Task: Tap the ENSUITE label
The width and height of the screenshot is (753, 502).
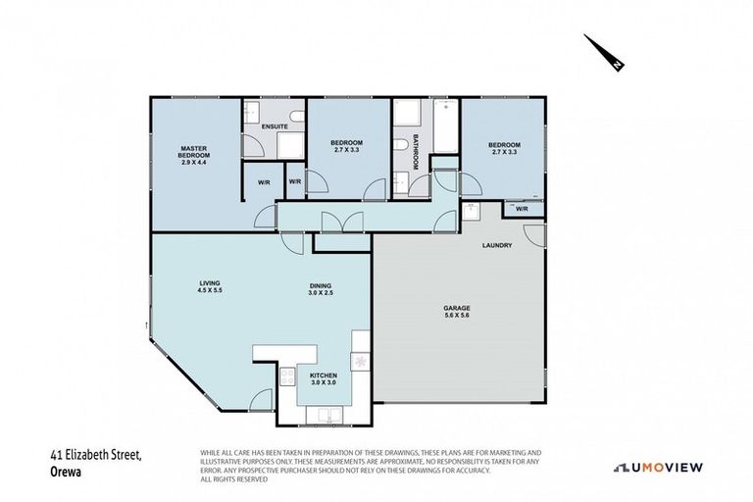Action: coord(274,126)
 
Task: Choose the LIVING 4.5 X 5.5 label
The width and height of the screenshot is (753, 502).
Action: coord(207,288)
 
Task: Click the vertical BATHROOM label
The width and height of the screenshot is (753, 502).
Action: coord(415,152)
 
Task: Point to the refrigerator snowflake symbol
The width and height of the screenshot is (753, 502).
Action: coord(359,362)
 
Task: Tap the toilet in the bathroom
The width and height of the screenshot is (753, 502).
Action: coord(399,146)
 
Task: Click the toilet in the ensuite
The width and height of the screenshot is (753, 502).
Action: coord(251,111)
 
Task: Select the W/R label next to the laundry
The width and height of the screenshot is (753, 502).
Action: coord(522,209)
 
